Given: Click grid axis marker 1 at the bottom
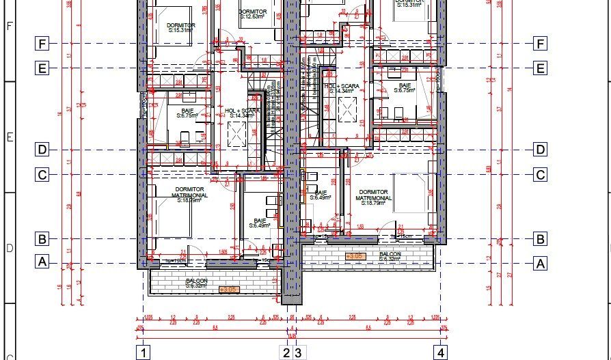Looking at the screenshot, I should click(x=144, y=352).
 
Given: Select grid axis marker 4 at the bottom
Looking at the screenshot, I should click(x=442, y=352).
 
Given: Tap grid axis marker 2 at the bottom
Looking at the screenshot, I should click(x=286, y=352).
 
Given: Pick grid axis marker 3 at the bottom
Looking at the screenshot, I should click(x=298, y=352).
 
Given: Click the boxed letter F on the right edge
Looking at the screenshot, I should click(x=541, y=44).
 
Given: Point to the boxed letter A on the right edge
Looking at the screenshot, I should click(x=541, y=264).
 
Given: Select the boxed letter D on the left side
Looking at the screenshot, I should click(x=42, y=150).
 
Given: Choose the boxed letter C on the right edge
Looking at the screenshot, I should click(x=541, y=175).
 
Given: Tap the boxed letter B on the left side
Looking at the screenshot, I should click(x=42, y=239).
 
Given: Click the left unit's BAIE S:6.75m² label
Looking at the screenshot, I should click(x=187, y=113).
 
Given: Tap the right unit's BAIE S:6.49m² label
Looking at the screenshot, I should click(x=320, y=195).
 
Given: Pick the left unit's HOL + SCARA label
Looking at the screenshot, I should click(x=241, y=113).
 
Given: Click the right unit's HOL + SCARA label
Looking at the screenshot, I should click(x=342, y=88).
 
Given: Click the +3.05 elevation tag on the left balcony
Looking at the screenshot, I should click(x=228, y=290).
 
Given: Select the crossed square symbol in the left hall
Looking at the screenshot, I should click(x=236, y=136).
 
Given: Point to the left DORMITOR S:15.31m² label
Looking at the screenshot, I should click(x=181, y=28).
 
